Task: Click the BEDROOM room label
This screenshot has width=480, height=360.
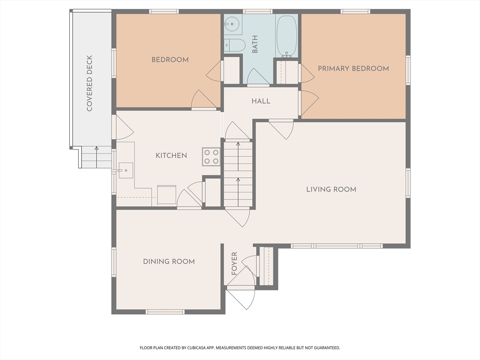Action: point(170,60)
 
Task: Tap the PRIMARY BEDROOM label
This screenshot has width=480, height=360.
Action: point(353,68)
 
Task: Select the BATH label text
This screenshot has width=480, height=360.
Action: point(255,44)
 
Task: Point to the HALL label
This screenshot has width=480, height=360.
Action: point(261,101)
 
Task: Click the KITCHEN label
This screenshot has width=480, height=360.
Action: point(171,156)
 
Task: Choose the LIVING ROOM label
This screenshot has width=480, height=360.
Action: point(331,189)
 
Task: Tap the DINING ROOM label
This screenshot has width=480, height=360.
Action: point(169,262)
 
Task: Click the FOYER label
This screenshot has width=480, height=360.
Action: point(234,263)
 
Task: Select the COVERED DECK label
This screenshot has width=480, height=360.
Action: point(89,83)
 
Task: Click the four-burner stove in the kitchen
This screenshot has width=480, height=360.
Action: point(211,157)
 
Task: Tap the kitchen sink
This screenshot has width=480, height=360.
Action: point(126,171)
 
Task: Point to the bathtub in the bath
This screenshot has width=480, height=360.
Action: point(286,36)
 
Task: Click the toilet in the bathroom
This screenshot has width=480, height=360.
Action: point(235,45)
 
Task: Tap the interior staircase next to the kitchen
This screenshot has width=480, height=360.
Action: point(238,174)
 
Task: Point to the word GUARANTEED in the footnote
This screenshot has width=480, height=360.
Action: point(327,348)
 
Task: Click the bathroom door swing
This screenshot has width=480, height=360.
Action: point(258,76)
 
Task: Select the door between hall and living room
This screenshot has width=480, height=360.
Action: point(282,130)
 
